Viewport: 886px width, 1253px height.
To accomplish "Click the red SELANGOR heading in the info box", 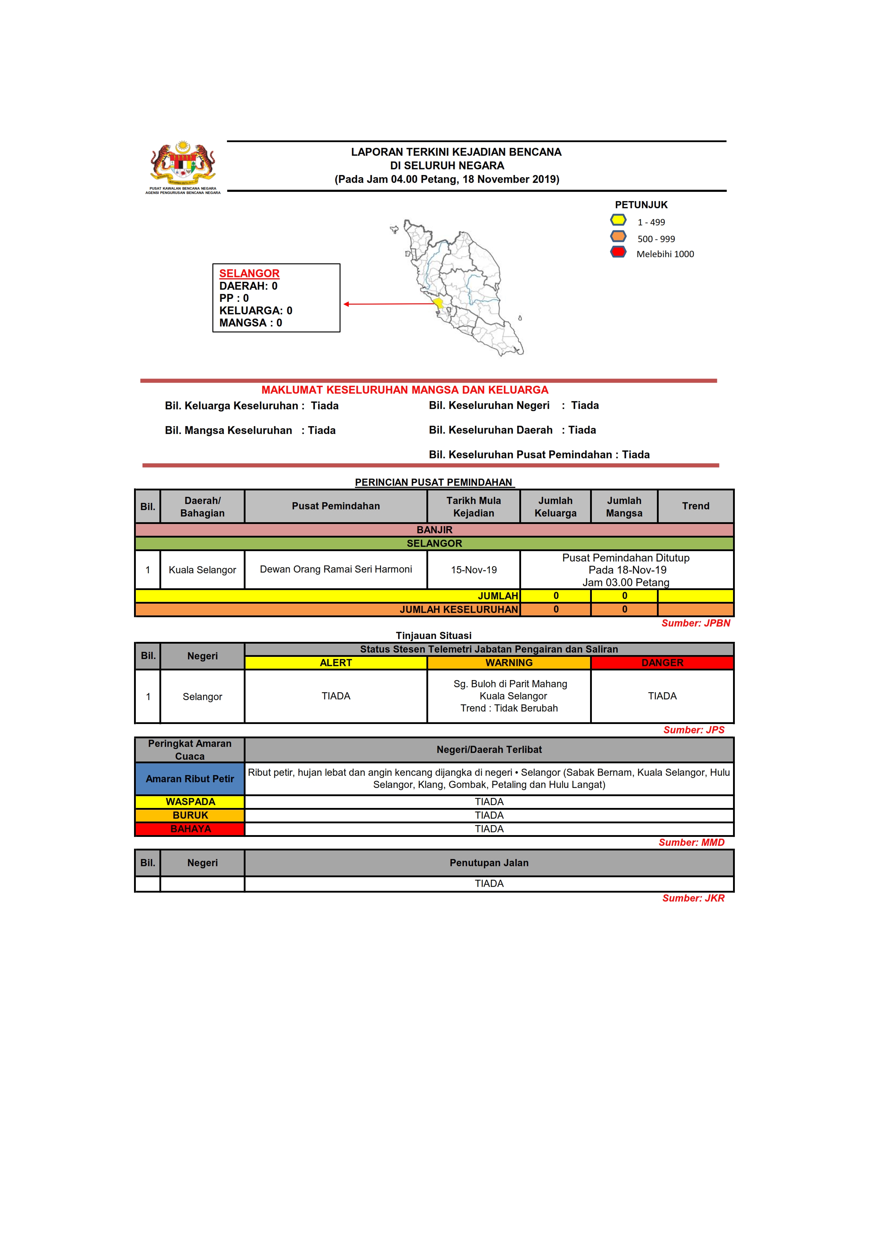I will pyautogui.click(x=249, y=273).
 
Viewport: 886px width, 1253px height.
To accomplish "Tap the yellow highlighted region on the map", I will pyautogui.click(x=438, y=303).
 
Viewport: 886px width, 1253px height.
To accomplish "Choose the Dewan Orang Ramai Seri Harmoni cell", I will pyautogui.click(x=336, y=569).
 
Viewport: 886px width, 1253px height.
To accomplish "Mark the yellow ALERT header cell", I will pyautogui.click(x=336, y=663).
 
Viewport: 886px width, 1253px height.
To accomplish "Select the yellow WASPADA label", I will pyautogui.click(x=190, y=802).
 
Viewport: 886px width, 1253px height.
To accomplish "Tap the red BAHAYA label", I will pyautogui.click(x=190, y=829).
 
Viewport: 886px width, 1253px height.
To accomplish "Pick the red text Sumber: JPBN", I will pyautogui.click(x=696, y=623).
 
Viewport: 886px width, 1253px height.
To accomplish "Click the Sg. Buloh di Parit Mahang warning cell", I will pyautogui.click(x=509, y=696).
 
